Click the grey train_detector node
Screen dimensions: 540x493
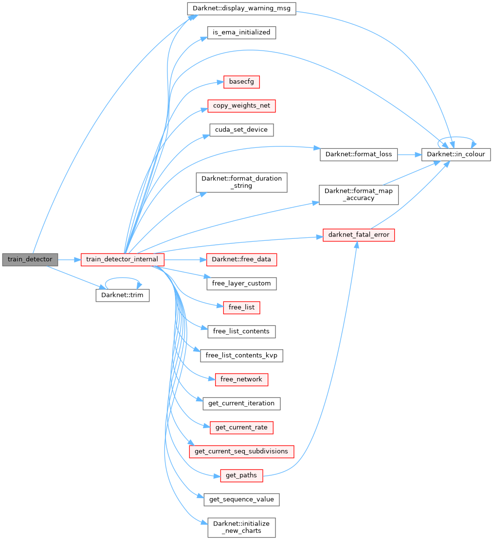click(x=30, y=259)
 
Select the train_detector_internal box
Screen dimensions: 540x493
click(x=122, y=259)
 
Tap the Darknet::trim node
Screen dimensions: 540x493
click(x=122, y=295)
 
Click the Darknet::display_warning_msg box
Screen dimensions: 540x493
click(x=241, y=9)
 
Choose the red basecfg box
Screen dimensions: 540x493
click(x=241, y=82)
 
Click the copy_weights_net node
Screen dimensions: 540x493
click(x=241, y=106)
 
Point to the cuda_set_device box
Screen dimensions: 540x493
click(x=241, y=130)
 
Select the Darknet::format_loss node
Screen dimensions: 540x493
click(x=359, y=155)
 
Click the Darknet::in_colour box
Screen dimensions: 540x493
click(x=456, y=155)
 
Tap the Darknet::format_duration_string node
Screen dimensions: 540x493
click(x=241, y=182)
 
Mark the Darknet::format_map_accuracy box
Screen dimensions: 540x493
click(x=359, y=195)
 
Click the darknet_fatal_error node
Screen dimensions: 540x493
click(x=359, y=235)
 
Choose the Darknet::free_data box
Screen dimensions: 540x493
click(x=241, y=259)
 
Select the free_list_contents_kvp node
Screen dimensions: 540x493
click(x=241, y=355)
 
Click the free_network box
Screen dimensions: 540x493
click(x=241, y=379)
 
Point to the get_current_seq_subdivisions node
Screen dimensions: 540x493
click(x=241, y=451)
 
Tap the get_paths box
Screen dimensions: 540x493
click(x=241, y=475)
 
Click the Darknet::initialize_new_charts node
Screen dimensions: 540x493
click(x=241, y=527)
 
